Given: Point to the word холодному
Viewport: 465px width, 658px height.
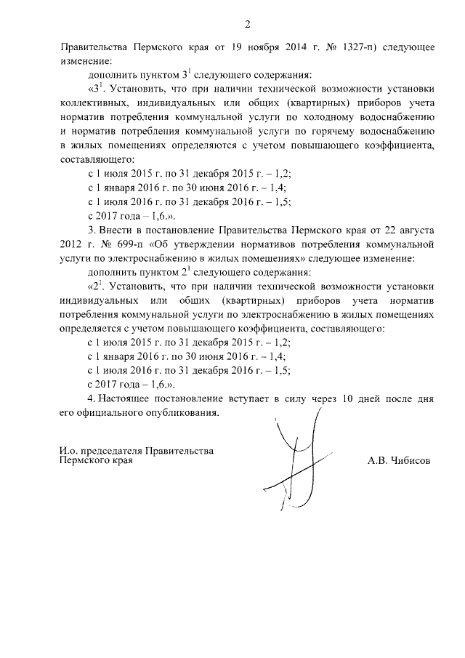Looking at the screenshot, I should click(341, 117).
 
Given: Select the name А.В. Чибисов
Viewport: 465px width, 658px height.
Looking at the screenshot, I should click(398, 460).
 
